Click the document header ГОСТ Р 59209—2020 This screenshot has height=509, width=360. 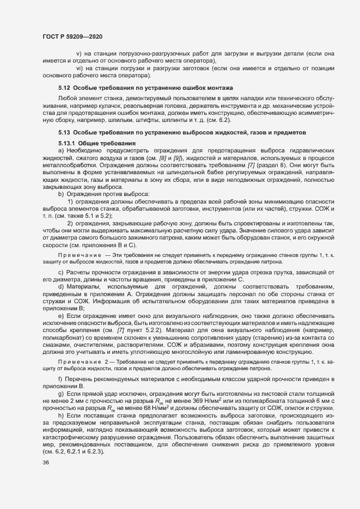tap(72, 36)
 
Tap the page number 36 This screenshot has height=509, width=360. tap(45, 463)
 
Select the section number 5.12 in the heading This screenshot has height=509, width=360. tap(64, 88)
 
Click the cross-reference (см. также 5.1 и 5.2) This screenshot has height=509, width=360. tap(82, 216)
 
